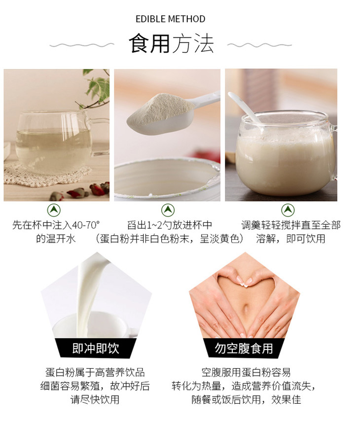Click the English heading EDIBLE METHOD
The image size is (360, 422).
171,19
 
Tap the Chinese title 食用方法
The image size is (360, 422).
171,43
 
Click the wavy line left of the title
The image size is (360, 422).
82,45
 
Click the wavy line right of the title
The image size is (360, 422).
259,45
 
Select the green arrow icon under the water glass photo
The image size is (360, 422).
54,210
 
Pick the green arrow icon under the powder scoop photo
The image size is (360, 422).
168,210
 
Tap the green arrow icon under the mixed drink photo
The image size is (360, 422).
288,210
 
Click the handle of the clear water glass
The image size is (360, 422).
99,137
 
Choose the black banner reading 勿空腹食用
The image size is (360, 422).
244,348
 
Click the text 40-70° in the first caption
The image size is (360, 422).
86,225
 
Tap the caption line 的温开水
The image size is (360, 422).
56,239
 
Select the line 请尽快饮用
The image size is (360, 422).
95,399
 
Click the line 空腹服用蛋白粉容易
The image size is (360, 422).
246,373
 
